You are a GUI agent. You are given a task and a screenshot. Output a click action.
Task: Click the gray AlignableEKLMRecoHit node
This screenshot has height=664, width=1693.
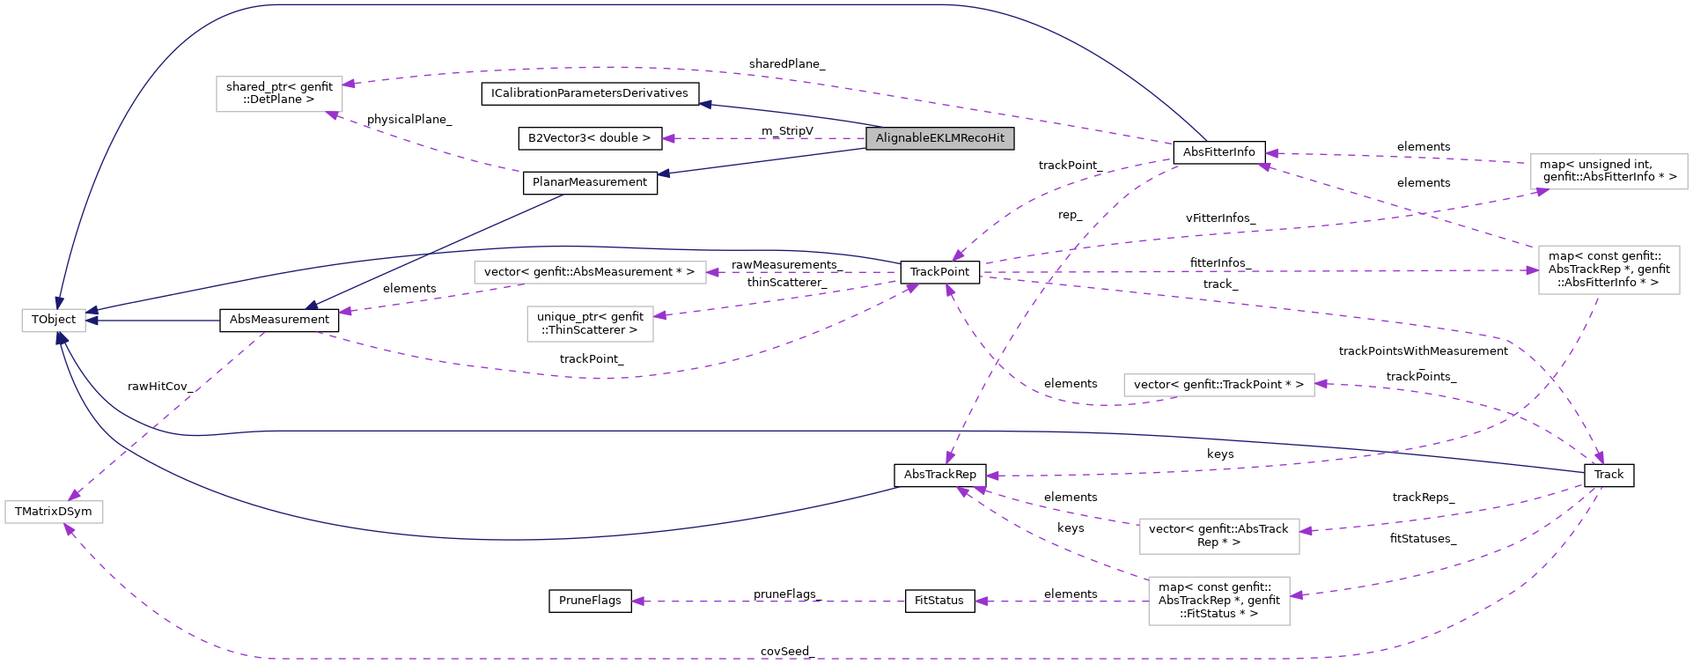coord(939,138)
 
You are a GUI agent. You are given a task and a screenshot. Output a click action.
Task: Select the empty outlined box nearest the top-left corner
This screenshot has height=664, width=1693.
coord(279,94)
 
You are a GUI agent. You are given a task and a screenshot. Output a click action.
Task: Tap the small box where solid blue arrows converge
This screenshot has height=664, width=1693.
coord(54,321)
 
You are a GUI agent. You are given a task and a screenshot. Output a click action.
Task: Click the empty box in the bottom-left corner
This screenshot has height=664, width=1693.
coord(54,512)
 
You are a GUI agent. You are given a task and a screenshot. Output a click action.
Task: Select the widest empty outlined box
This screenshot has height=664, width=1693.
coord(590,273)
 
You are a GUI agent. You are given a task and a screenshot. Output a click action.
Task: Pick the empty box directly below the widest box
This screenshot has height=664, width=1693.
coord(590,324)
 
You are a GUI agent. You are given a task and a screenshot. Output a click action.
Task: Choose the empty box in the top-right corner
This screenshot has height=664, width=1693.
coord(1608,172)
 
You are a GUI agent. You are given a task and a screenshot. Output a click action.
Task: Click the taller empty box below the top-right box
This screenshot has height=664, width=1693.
coord(1608,269)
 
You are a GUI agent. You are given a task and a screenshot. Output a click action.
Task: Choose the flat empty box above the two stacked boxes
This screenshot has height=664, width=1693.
coord(1218,385)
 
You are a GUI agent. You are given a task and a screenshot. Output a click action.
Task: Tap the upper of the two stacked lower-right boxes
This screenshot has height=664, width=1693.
coord(1218,536)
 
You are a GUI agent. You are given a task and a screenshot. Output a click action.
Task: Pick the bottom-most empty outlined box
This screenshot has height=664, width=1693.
coord(1218,601)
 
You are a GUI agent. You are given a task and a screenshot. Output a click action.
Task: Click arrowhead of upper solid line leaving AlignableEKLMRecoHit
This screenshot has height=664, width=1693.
coord(704,104)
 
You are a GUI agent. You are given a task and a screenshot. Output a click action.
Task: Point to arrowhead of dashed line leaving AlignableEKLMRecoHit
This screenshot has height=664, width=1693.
coord(668,138)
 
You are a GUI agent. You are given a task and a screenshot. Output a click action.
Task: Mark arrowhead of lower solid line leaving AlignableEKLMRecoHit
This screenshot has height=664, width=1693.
coord(663,173)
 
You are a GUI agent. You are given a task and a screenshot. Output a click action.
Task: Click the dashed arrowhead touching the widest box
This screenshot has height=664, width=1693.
coord(712,272)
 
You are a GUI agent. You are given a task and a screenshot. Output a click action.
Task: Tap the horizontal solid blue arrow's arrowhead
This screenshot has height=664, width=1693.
coord(92,321)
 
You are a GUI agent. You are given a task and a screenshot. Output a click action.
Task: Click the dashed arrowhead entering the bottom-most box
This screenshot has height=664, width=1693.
coord(1296,596)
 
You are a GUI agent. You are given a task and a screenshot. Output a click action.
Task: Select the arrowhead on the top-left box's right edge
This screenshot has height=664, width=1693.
coord(349,84)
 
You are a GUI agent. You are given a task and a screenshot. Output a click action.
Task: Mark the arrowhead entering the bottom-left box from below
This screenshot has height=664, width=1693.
coord(68,529)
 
